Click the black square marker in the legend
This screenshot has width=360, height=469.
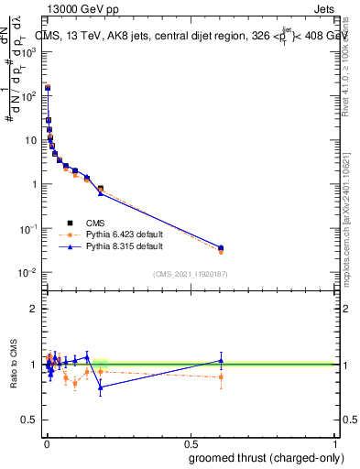point(70,223)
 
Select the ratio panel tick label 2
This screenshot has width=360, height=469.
point(34,309)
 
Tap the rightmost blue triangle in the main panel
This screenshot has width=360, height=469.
point(221,247)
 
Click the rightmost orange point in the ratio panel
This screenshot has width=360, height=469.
point(221,376)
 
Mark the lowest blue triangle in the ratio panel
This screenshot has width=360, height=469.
point(101,387)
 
